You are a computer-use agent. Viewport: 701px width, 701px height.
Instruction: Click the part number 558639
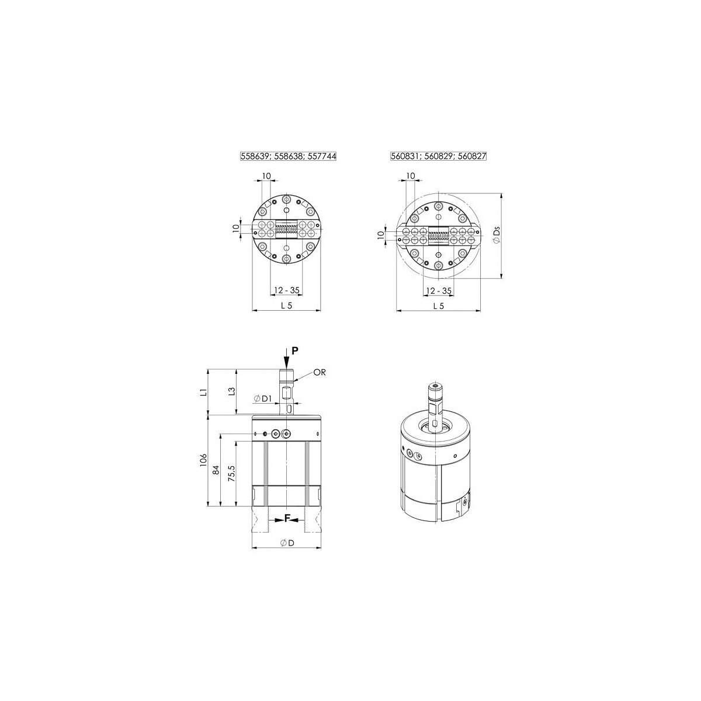254,156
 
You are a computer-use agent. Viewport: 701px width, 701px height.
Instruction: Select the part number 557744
321,156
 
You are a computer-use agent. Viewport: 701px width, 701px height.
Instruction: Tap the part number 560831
404,156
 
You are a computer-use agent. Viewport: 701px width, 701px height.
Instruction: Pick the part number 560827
472,156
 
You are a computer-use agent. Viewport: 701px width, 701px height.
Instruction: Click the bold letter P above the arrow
295,350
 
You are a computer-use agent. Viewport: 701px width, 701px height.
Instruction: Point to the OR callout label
320,372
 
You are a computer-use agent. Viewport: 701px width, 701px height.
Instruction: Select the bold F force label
287,518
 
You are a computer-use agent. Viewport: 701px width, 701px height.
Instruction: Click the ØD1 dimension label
263,399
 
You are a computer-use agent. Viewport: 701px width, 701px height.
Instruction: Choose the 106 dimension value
203,460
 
